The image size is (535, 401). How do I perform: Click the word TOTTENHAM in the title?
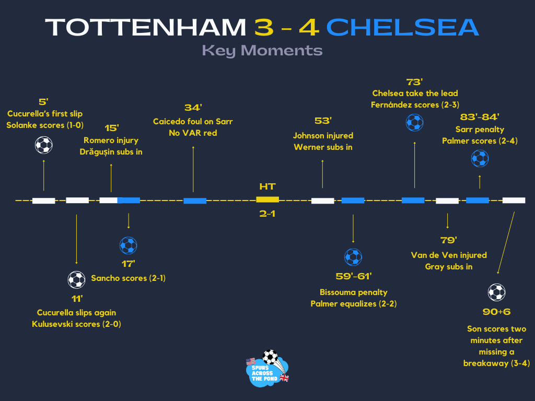tap(146, 27)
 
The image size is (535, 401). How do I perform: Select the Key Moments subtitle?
tap(262, 50)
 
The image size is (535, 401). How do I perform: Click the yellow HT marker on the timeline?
tap(267, 199)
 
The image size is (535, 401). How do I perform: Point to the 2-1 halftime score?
tap(267, 213)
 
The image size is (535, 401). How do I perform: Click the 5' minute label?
tap(43, 102)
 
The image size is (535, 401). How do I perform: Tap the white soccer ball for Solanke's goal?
tap(44, 145)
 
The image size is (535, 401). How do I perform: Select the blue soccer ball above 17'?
tap(128, 245)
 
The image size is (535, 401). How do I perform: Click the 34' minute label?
tap(193, 108)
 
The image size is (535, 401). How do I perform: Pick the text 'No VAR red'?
tap(193, 133)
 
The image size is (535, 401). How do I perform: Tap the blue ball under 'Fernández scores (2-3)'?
tap(415, 123)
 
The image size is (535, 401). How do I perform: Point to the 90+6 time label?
tap(496, 312)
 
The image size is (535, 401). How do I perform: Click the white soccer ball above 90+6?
tap(496, 292)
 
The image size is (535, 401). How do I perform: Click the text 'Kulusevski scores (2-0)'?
tap(76, 324)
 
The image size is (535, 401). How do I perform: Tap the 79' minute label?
tap(448, 240)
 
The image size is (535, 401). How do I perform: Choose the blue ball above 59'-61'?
tap(353, 257)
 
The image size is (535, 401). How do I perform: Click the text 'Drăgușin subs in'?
tap(111, 152)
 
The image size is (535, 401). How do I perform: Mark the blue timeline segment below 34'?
tap(195, 200)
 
